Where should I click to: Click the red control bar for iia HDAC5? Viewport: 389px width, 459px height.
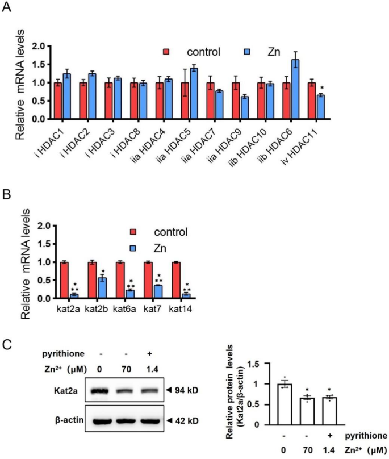185,101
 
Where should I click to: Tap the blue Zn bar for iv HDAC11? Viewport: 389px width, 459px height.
321,107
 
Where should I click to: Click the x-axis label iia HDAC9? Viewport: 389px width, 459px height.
231,141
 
